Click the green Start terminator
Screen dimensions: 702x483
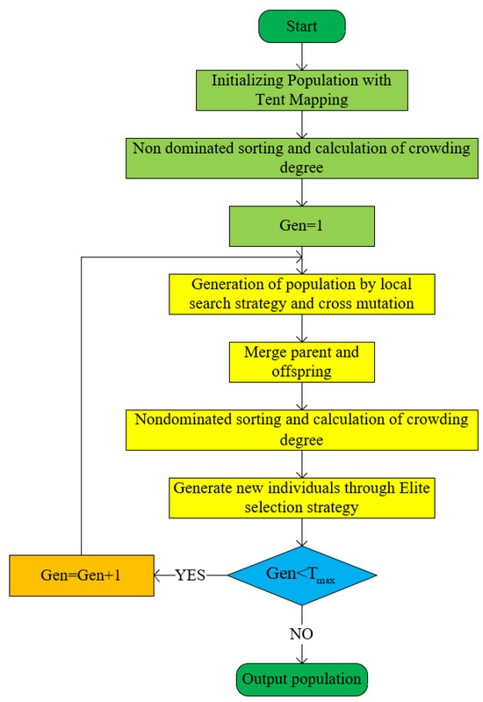click(x=302, y=25)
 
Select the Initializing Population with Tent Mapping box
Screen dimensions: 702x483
click(x=302, y=90)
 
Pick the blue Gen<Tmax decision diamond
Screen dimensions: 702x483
click(x=302, y=575)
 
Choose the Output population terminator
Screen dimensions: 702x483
click(x=302, y=680)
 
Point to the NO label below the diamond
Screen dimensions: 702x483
click(x=302, y=633)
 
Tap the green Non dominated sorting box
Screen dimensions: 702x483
click(x=302, y=157)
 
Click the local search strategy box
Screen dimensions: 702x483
click(x=302, y=293)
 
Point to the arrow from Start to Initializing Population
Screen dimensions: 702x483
click(x=302, y=56)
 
